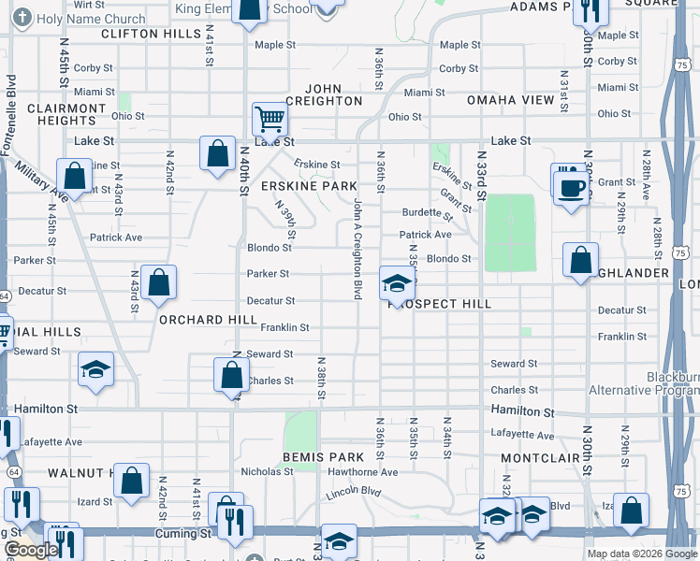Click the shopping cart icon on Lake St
[x=270, y=120]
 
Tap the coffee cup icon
[x=571, y=188]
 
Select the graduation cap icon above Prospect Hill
[x=398, y=283]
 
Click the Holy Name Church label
[x=93, y=19]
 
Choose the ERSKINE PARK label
[x=309, y=186]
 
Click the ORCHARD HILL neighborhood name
[x=208, y=319]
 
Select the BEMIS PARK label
[x=323, y=456]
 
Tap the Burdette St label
[x=426, y=212]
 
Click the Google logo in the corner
[x=31, y=550]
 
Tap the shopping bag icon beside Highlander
[x=580, y=260]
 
